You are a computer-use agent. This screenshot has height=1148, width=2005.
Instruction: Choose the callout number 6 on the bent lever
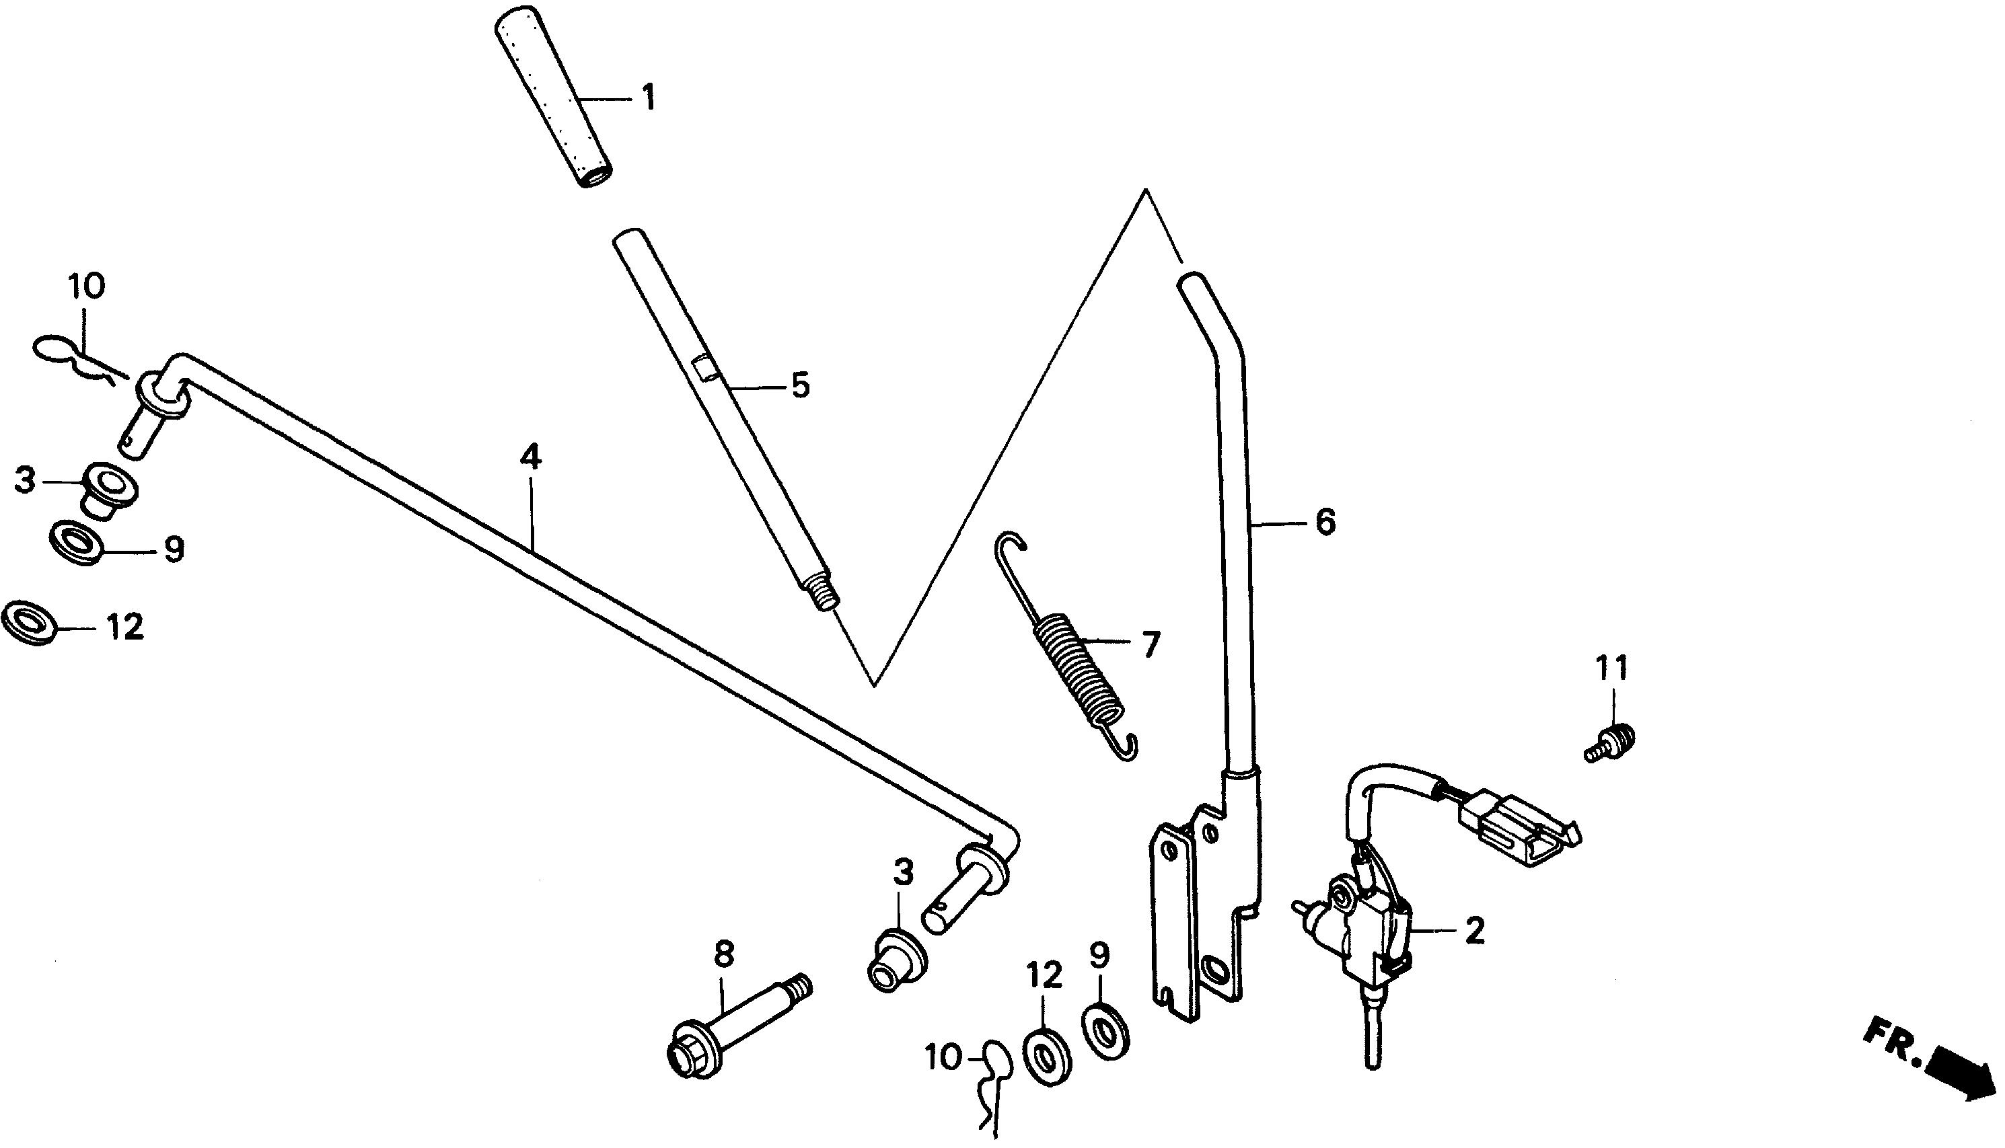pyautogui.click(x=1325, y=522)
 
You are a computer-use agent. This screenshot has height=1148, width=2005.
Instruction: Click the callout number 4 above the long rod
pyautogui.click(x=530, y=458)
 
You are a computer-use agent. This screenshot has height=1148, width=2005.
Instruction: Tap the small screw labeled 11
pyautogui.click(x=1610, y=744)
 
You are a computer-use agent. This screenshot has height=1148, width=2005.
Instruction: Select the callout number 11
pyautogui.click(x=1611, y=669)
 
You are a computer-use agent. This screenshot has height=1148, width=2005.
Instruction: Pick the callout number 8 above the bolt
pyautogui.click(x=723, y=954)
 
